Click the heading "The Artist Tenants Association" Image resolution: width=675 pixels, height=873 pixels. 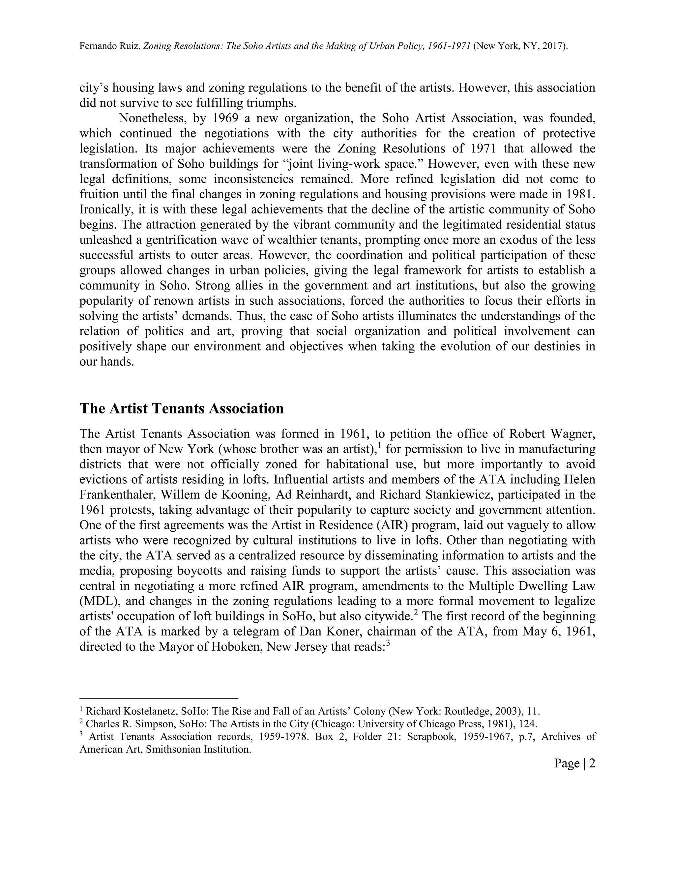[x=182, y=408]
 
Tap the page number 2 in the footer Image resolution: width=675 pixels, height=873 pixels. [x=592, y=764]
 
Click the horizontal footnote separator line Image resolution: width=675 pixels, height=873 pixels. [x=159, y=698]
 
